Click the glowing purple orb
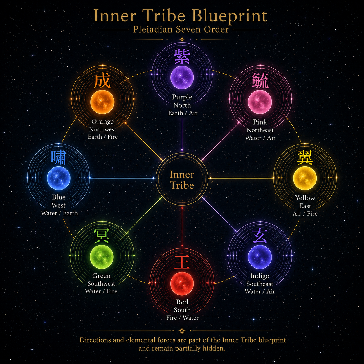click(182, 78)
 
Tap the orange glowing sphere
click(102, 102)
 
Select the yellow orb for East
click(305, 178)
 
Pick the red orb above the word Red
click(182, 284)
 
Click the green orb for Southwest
click(102, 257)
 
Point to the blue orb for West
click(59, 178)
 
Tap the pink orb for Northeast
click(260, 102)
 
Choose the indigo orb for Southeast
click(260, 257)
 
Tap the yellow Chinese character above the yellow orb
click(305, 158)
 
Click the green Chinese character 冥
click(102, 236)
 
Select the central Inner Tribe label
click(182, 180)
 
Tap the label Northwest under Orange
click(102, 129)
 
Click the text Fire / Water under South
click(183, 318)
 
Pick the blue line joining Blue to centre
click(122, 178)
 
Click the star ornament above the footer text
click(182, 331)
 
